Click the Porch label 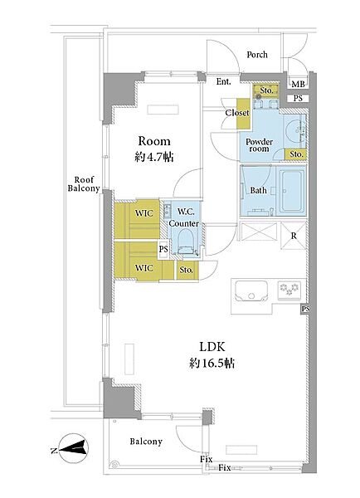point(257,55)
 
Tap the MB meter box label point(298,84)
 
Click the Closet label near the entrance point(237,113)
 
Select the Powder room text point(259,145)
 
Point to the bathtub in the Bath point(292,191)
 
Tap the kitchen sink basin point(251,291)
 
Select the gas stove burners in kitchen point(289,290)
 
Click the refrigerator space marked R point(294,236)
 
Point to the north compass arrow point(72,448)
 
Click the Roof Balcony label point(84,184)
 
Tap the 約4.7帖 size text point(154,157)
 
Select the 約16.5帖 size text point(212,363)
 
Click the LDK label point(212,347)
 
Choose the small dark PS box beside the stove point(305,309)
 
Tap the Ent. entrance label point(224,81)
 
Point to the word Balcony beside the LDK point(146,442)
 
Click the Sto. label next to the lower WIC point(186,270)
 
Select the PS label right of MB point(298,99)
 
